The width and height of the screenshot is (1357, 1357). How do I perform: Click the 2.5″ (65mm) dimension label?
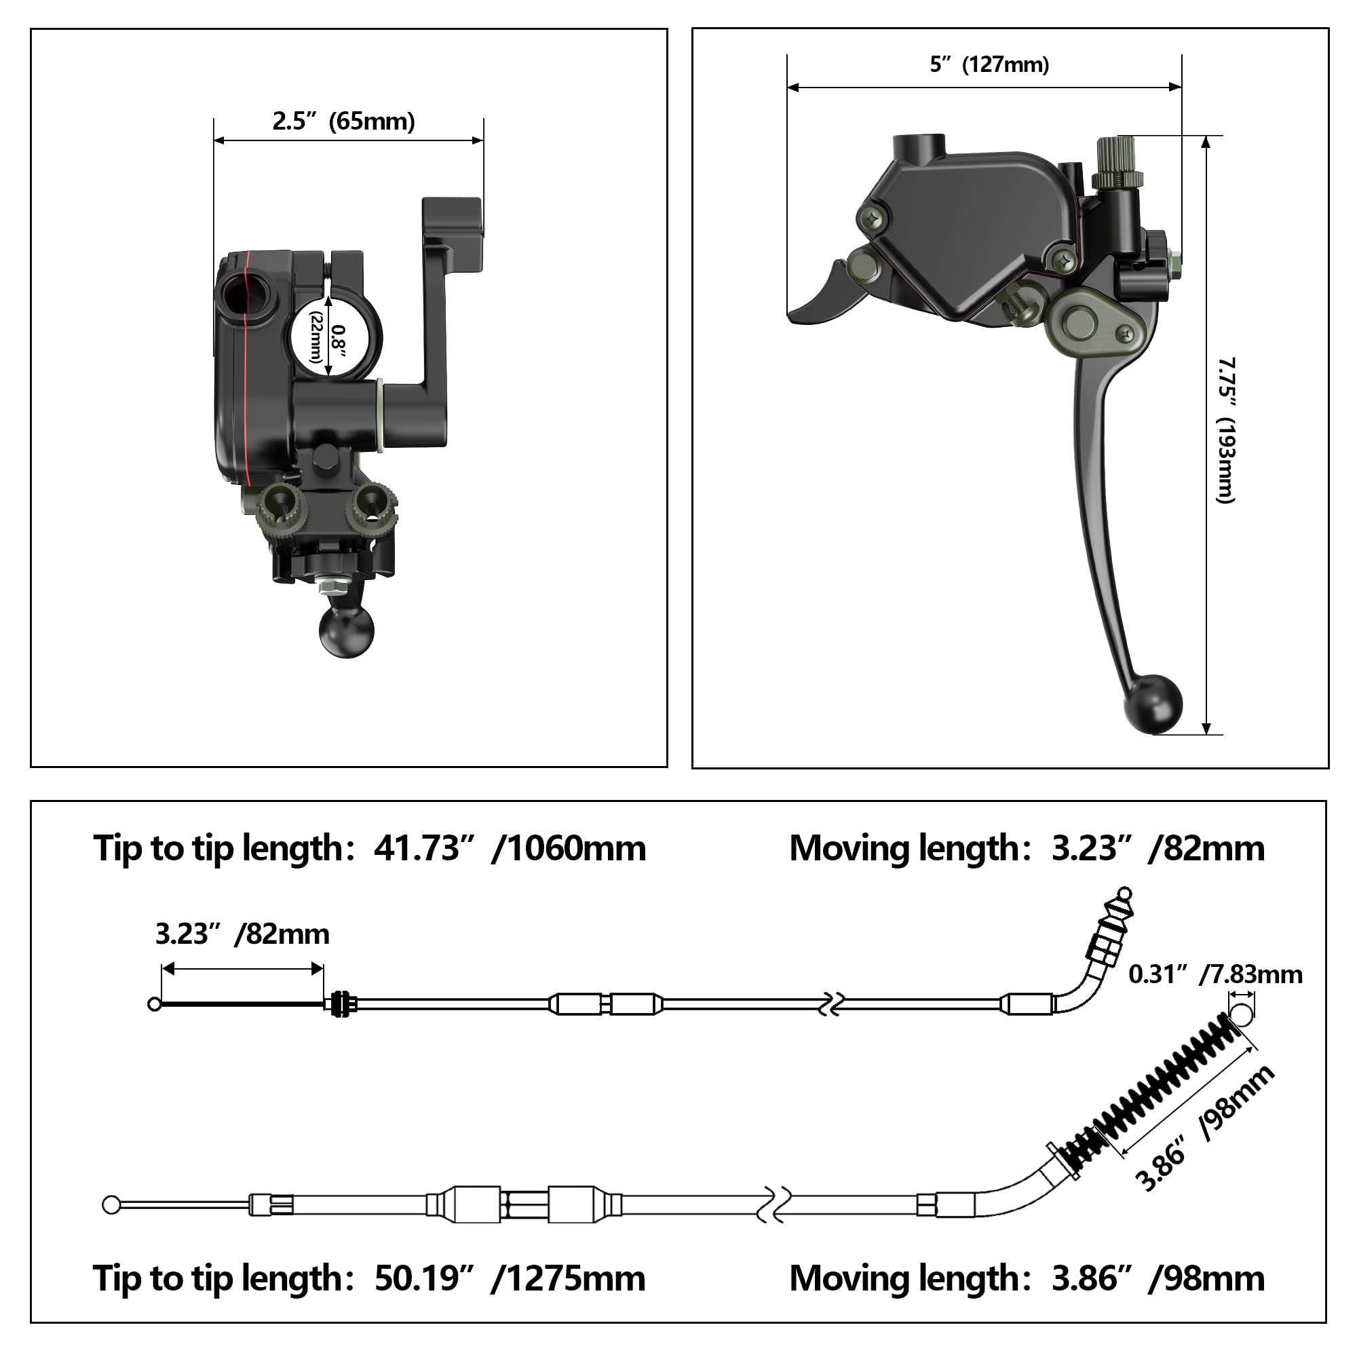(x=343, y=121)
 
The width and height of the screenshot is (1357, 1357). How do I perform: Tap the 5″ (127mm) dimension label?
(x=989, y=64)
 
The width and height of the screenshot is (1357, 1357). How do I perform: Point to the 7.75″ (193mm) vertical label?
(x=1225, y=430)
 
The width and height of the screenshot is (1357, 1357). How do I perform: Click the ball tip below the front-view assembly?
(x=347, y=632)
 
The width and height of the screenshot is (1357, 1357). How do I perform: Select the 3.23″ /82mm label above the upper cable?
(x=242, y=934)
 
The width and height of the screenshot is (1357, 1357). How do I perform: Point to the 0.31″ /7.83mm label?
(x=1215, y=975)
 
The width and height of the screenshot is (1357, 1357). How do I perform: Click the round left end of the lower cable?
(x=111, y=1205)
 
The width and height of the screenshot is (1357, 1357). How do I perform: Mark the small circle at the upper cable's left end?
(x=155, y=1004)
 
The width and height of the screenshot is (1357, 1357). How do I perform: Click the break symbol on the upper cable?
(x=831, y=1004)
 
